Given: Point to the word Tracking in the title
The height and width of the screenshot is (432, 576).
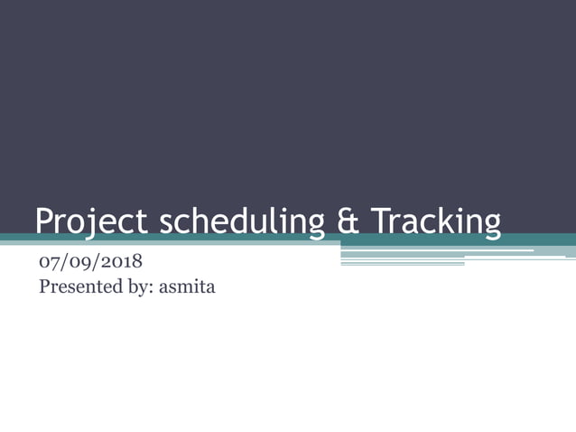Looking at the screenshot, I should (x=437, y=222).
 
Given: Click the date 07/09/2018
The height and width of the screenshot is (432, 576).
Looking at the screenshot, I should (x=90, y=264).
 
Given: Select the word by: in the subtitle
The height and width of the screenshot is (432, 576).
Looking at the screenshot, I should (x=136, y=289).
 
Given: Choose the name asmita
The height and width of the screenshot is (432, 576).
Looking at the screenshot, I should (x=187, y=289).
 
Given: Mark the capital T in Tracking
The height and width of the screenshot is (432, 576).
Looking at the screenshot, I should (x=381, y=222).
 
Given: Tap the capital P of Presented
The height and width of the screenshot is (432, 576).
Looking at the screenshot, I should (x=45, y=289).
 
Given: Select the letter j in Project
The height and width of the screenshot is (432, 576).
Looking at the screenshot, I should (x=89, y=224).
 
